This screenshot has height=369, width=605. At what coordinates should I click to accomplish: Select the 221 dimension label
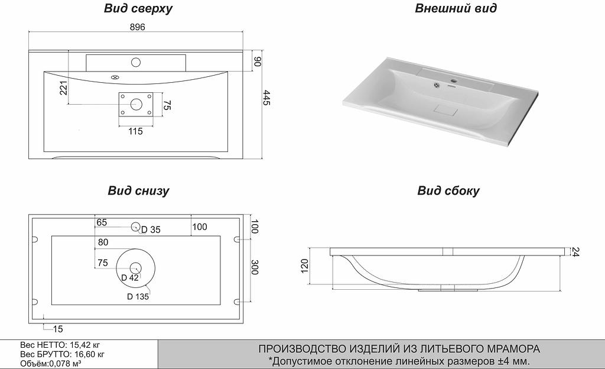point(64,88)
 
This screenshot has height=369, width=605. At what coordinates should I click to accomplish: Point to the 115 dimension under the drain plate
point(135,131)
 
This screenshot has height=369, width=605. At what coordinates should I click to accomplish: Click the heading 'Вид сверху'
point(138,8)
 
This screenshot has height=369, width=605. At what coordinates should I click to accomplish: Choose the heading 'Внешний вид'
point(456,8)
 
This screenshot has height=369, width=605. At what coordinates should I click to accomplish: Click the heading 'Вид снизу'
point(138,190)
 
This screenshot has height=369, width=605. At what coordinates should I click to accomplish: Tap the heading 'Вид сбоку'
point(448,190)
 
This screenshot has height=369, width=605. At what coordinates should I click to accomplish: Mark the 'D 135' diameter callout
point(137,297)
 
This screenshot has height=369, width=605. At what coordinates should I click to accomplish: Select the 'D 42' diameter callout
point(129,278)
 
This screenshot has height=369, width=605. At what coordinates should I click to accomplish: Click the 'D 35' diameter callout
point(151,229)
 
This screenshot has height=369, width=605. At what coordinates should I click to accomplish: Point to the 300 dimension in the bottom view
point(255,267)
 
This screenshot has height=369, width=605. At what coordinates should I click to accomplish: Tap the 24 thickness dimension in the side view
point(574,251)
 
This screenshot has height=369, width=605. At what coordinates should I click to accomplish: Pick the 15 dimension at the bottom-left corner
point(57,329)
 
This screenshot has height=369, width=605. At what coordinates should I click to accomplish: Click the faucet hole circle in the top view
point(136,61)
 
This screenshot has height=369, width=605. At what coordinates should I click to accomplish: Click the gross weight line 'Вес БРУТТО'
point(63,354)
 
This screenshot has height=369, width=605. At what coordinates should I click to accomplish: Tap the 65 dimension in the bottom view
point(102,222)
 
